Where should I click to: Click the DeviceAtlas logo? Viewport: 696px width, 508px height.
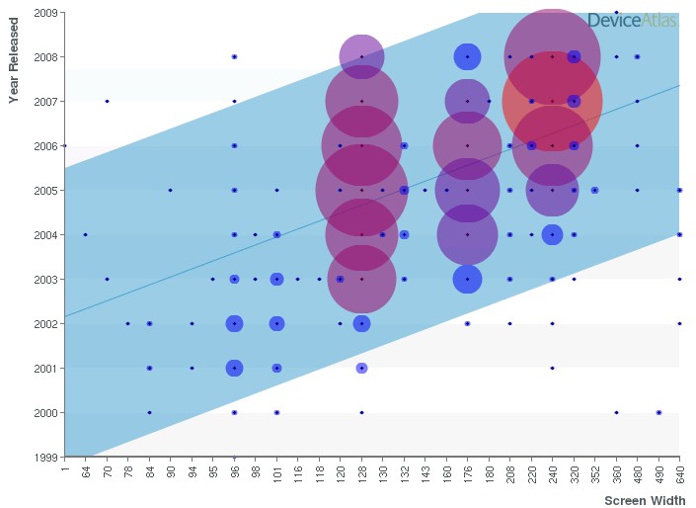pyautogui.click(x=632, y=20)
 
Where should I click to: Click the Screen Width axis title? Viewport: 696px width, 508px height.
pyautogui.click(x=645, y=500)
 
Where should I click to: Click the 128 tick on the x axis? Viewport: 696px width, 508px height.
pyautogui.click(x=362, y=472)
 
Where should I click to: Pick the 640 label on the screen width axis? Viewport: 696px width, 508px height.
pyautogui.click(x=679, y=472)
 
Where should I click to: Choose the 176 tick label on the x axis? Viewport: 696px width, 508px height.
pyautogui.click(x=468, y=472)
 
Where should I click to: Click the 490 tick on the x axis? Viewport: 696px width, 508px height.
pyautogui.click(x=658, y=472)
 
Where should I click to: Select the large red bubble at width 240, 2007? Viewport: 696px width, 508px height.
pyautogui.click(x=553, y=101)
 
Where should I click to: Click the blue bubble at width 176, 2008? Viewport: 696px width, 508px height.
pyautogui.click(x=468, y=56)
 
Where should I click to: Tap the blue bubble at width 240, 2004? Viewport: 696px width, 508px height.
pyautogui.click(x=553, y=234)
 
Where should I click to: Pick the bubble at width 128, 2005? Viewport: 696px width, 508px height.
pyautogui.click(x=362, y=190)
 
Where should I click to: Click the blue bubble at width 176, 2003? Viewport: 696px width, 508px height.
pyautogui.click(x=468, y=279)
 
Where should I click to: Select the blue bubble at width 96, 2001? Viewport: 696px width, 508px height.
pyautogui.click(x=234, y=368)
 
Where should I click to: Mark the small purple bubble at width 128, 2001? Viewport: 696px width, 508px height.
pyautogui.click(x=362, y=368)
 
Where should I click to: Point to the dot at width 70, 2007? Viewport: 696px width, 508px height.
pyautogui.click(x=107, y=101)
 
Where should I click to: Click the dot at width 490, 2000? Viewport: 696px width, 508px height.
pyautogui.click(x=658, y=412)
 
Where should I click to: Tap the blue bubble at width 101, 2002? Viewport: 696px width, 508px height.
pyautogui.click(x=277, y=323)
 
